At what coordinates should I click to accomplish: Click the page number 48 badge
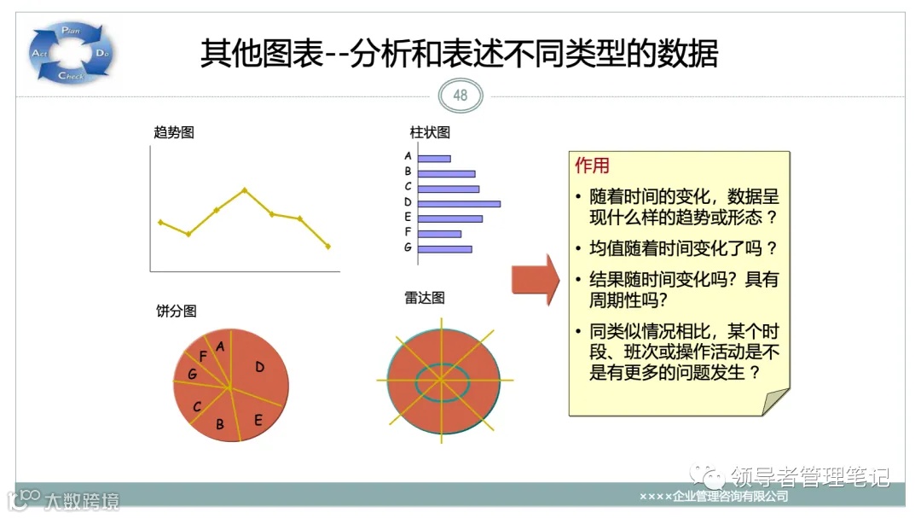tap(460, 96)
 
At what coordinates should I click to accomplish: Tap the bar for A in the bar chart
tap(434, 158)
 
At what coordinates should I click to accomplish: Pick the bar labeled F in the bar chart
tap(439, 233)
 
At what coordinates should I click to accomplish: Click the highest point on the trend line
tap(245, 189)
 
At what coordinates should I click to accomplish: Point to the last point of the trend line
tap(328, 247)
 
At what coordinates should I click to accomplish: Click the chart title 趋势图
tap(174, 132)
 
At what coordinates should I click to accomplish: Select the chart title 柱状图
tap(430, 132)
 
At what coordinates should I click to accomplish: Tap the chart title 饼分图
tap(177, 311)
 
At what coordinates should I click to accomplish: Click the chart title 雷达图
tap(425, 298)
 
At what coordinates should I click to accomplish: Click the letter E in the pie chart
tap(258, 419)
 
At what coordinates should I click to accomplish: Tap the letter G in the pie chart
tap(193, 375)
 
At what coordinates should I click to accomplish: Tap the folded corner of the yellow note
tap(777, 402)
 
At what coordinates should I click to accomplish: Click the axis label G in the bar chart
tap(408, 247)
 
